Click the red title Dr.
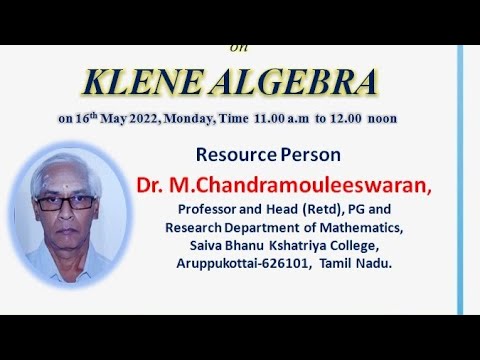click(x=153, y=186)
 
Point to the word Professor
click(x=212, y=210)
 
